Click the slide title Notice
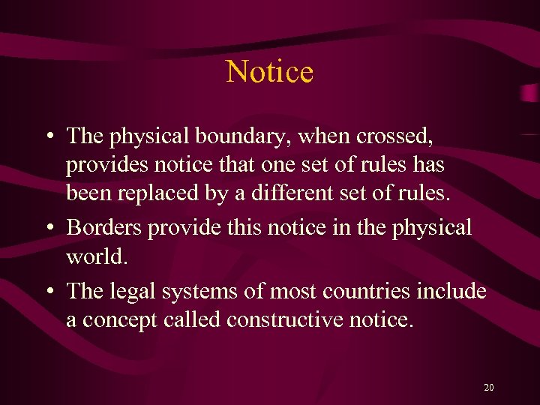269,72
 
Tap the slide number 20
489,388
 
